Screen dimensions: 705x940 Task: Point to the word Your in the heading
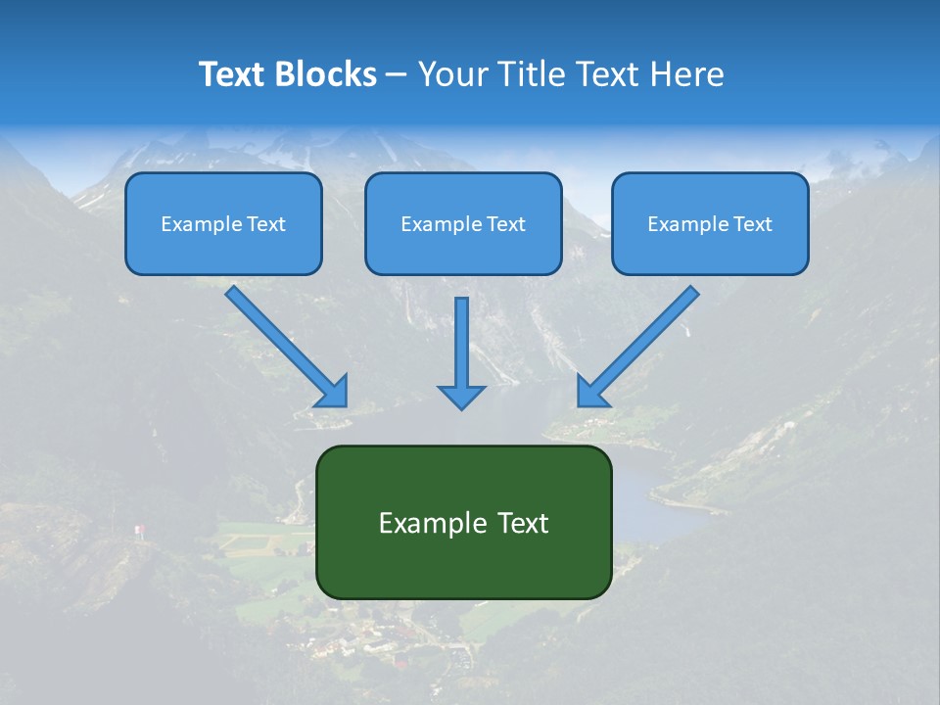click(x=449, y=74)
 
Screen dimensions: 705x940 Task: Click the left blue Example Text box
click(x=223, y=224)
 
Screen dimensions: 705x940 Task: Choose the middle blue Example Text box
click(x=463, y=224)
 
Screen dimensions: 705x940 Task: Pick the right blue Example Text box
click(x=710, y=224)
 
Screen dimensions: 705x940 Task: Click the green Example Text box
click(x=463, y=523)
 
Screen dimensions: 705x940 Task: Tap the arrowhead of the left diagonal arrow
click(x=333, y=392)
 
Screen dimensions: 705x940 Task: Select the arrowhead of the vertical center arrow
click(x=461, y=398)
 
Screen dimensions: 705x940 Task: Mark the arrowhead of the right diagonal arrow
click(x=590, y=392)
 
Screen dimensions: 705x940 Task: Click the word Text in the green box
click(x=523, y=523)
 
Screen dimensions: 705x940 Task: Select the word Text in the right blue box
click(x=753, y=224)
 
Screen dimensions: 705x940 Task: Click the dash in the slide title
click(x=397, y=75)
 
